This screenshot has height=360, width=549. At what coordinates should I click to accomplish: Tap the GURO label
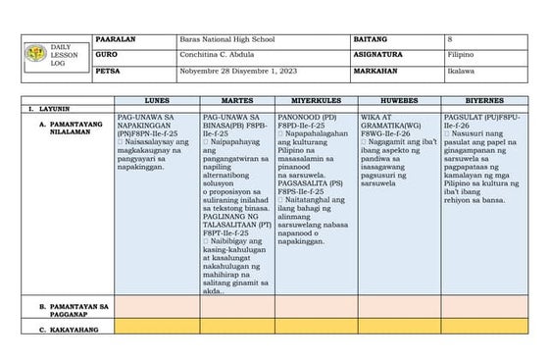coord(109,56)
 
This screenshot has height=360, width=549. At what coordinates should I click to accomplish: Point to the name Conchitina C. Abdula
coord(224,56)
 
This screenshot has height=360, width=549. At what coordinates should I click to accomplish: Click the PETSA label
coord(111,73)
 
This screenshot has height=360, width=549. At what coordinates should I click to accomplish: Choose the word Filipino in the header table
coord(461,56)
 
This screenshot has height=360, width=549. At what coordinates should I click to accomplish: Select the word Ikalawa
coord(460,73)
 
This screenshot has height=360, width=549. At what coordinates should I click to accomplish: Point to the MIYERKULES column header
coord(320,101)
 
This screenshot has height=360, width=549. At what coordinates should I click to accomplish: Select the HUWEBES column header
coord(400,101)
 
